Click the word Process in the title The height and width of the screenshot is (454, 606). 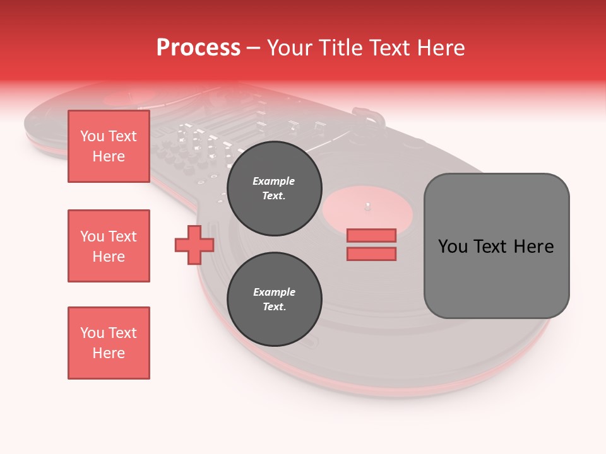(198, 48)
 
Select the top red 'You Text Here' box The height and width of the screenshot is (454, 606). (109, 146)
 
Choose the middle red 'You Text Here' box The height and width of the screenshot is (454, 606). (109, 246)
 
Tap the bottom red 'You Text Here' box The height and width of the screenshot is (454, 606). (109, 343)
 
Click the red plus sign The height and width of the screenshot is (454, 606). (194, 245)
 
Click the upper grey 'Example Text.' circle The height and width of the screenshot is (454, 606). (274, 189)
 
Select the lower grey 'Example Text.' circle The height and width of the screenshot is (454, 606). (274, 300)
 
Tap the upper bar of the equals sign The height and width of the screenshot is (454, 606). (371, 235)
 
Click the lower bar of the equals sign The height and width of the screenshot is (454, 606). (371, 254)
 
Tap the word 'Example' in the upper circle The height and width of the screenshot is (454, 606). (274, 181)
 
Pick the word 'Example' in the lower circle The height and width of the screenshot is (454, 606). (274, 292)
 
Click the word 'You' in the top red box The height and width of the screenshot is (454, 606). (92, 136)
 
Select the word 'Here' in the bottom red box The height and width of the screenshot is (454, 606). (109, 353)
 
